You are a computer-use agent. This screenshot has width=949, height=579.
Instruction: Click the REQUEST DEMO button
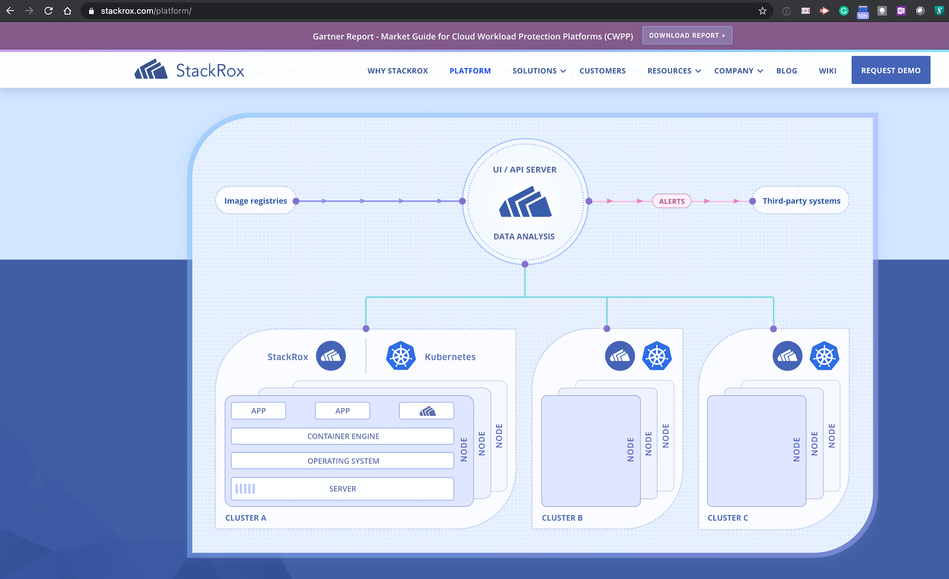coord(891,70)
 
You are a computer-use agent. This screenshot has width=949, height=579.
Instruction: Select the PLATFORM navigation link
coord(470,71)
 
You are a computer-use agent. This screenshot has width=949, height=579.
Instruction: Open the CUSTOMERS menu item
coord(602,71)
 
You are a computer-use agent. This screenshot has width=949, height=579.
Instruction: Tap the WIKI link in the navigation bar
coord(827,71)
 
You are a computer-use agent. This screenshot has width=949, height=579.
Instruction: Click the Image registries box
coord(256,201)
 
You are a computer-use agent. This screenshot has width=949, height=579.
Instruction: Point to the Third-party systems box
coord(801,201)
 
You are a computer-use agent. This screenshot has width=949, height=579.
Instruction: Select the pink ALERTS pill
coord(671,201)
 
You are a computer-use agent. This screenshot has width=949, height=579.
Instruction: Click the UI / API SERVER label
coord(525,170)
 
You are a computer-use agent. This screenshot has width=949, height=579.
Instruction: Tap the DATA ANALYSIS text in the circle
coord(524,236)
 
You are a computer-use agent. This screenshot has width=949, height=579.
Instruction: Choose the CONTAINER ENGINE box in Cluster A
coord(343,436)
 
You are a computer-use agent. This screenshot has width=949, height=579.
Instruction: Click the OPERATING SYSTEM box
coord(343,461)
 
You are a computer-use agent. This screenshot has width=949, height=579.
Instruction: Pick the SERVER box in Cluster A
coord(343,489)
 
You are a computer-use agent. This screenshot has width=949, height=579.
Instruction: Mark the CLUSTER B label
coord(562,518)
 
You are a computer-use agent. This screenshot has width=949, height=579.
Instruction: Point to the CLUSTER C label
coord(728,518)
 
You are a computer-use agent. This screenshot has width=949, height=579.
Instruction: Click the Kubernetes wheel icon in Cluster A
coord(401,356)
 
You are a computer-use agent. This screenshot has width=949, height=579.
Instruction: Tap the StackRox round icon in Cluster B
coord(620,356)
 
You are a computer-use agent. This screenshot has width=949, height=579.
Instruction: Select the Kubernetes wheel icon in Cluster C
coord(824,356)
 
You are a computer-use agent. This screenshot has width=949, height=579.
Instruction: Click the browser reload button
coord(48,11)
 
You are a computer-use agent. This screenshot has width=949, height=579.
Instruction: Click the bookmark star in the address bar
coord(763,11)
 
